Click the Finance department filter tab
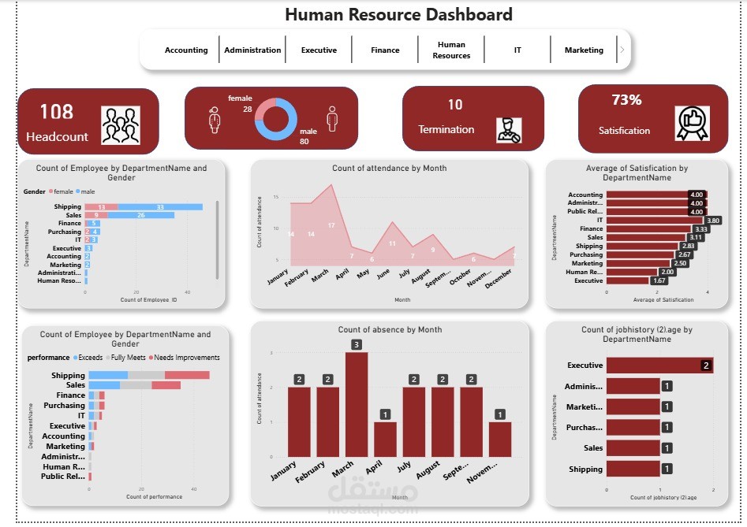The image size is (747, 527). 385,50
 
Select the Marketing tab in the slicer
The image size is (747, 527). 584,50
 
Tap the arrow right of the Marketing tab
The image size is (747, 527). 622,50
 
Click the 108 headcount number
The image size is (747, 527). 56,112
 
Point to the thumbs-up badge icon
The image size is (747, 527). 693,123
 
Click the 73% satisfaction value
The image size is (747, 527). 626,100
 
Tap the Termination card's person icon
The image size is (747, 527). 509,129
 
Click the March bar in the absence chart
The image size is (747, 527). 357,404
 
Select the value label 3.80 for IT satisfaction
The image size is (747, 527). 714,221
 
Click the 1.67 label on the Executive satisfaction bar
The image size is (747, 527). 659,280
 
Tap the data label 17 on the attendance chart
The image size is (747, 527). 331,225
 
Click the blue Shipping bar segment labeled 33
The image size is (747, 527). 160,206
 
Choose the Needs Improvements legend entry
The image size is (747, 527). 186,358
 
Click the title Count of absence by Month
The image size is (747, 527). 390,329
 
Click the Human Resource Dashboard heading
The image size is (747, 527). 398,14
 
